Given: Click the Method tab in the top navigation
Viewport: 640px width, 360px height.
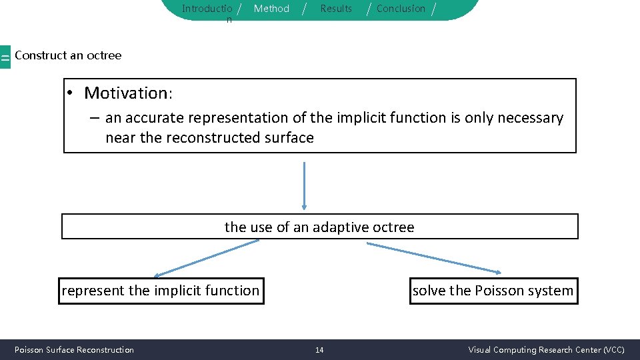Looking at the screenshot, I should pos(271,9).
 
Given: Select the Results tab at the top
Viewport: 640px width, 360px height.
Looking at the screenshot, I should pos(336,9).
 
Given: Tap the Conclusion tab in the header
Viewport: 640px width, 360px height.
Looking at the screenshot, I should pos(401,9).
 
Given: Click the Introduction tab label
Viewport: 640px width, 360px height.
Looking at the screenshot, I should pos(207,9).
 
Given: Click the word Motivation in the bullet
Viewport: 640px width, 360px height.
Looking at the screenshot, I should pos(127,93).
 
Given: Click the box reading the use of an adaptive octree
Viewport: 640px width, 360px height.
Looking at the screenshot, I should pos(319,227).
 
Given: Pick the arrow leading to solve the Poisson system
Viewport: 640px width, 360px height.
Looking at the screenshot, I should pos(433,257).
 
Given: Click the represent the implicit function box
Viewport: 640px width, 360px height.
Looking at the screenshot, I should pos(161,291).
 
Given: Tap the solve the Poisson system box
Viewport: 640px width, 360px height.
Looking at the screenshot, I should pos(493,291).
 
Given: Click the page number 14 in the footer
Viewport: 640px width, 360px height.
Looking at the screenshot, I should pos(319,350).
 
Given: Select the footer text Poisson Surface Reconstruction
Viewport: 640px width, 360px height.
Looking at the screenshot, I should pos(74,350).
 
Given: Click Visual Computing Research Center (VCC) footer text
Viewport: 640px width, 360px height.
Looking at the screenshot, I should pos(546,350).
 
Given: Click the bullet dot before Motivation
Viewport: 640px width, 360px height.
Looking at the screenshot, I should pos(71,93).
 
